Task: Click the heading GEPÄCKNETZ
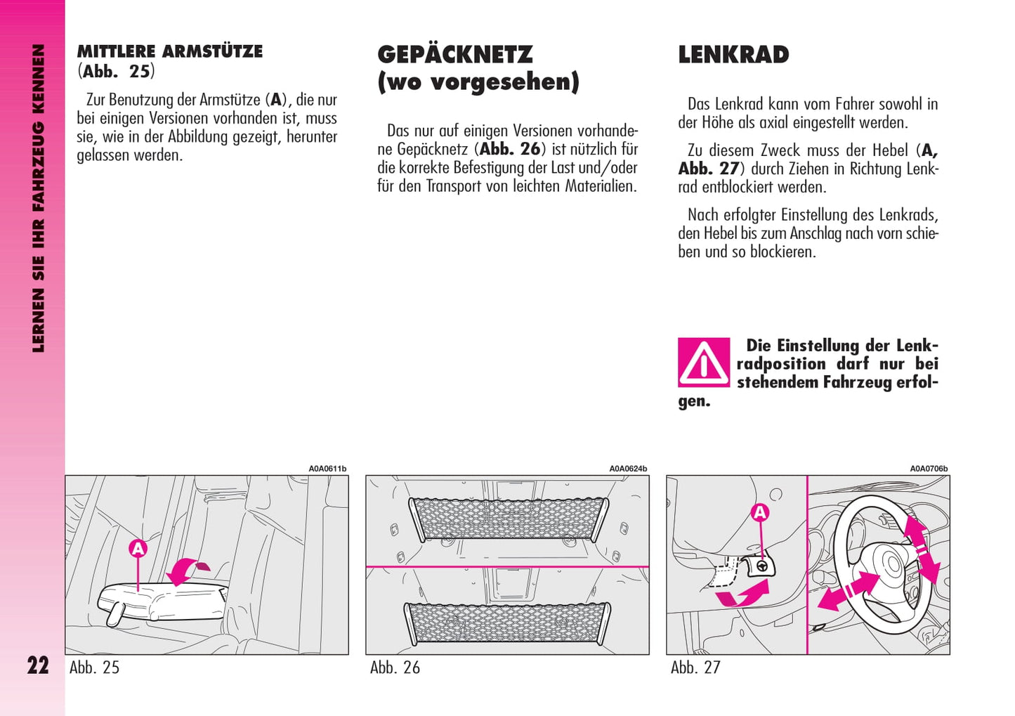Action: (454, 55)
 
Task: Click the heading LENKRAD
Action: (733, 55)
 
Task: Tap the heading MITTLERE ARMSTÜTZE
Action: (169, 51)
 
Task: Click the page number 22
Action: (38, 665)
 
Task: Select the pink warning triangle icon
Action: (703, 363)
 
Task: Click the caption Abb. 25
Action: (94, 668)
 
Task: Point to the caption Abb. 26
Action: (395, 668)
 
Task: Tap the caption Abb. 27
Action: (695, 668)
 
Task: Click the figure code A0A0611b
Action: (327, 469)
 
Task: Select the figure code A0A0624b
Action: (628, 469)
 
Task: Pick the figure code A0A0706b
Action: (929, 469)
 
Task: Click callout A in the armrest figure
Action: (138, 549)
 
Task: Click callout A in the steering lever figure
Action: (760, 513)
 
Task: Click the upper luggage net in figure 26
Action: (508, 519)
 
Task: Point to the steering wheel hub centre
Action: (891, 564)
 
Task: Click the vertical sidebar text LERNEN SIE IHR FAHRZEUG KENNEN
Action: (38, 198)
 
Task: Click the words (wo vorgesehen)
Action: (478, 82)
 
